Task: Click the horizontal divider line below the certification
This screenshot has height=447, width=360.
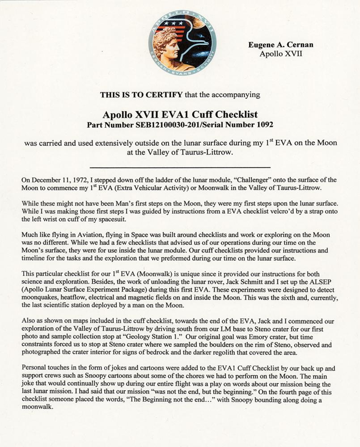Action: (x=180, y=165)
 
